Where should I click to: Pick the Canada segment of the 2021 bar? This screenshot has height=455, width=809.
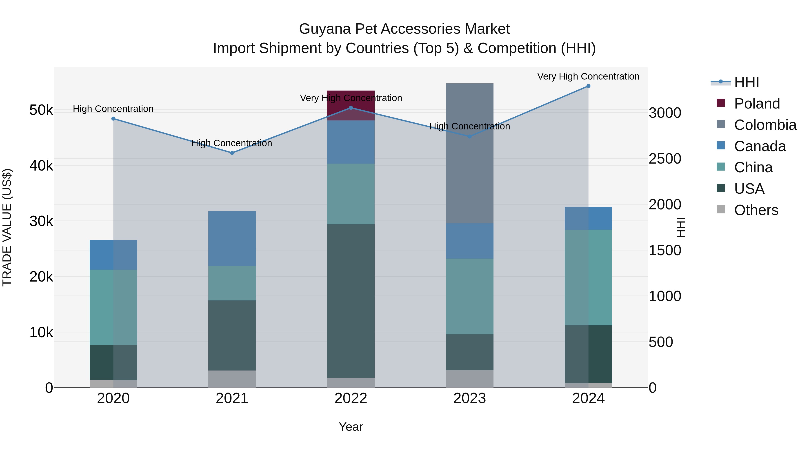[232, 239]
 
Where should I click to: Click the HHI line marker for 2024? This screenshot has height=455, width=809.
[588, 86]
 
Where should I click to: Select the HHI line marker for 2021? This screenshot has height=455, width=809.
[232, 153]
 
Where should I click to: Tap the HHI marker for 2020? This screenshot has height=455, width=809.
[113, 119]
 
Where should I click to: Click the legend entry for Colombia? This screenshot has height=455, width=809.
[765, 125]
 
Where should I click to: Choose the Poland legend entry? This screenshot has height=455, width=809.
[757, 104]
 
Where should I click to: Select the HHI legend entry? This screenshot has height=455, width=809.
[747, 82]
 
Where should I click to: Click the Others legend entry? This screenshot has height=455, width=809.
[756, 210]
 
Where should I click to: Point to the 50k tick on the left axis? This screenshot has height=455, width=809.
[41, 110]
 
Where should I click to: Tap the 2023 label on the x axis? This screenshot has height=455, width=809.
[469, 398]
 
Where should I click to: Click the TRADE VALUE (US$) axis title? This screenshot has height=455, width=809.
[7, 227]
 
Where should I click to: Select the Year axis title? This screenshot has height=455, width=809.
[351, 427]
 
